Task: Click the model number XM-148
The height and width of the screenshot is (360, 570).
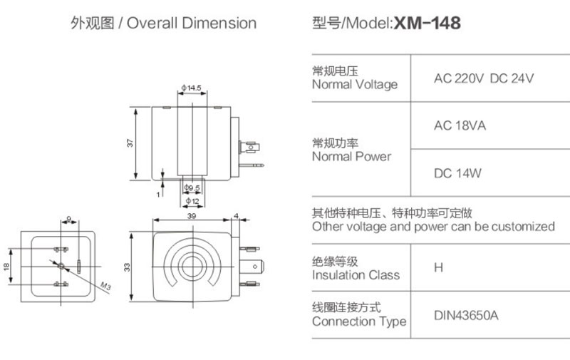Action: (427, 24)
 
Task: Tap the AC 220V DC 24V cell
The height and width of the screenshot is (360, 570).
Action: (484, 78)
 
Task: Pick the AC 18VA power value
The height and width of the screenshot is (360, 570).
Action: (460, 126)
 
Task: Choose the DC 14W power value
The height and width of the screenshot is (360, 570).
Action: (458, 173)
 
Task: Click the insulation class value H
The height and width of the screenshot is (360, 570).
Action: (438, 268)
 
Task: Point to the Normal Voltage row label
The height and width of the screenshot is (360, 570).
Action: (355, 84)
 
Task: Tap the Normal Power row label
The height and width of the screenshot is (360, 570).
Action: (352, 156)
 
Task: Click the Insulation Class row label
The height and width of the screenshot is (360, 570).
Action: (356, 274)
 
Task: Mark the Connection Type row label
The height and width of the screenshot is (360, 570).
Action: (359, 322)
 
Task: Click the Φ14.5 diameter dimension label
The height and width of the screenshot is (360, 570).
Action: (192, 88)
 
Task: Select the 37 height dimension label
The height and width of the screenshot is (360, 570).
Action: (130, 143)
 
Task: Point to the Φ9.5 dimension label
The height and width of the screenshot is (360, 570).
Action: (192, 188)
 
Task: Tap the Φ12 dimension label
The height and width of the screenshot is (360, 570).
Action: (192, 200)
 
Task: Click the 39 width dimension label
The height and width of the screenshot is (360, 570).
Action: (191, 214)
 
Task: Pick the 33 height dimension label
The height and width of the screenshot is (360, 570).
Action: (128, 266)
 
